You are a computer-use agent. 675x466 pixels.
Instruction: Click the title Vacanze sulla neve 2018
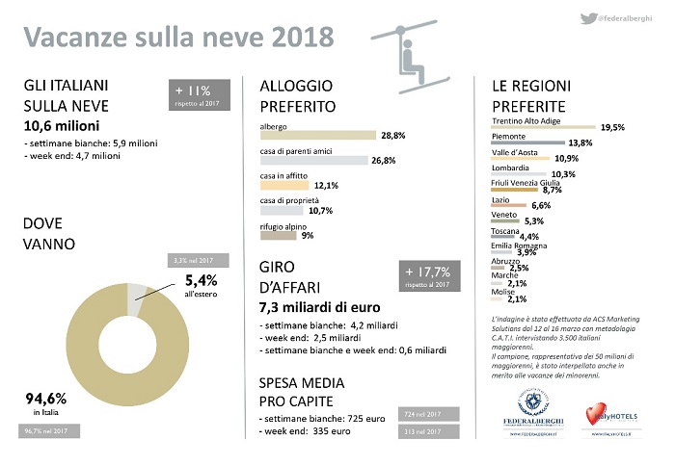(179, 37)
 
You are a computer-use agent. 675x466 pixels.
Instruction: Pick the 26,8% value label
(384, 161)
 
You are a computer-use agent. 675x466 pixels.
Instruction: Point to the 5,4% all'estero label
(201, 285)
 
